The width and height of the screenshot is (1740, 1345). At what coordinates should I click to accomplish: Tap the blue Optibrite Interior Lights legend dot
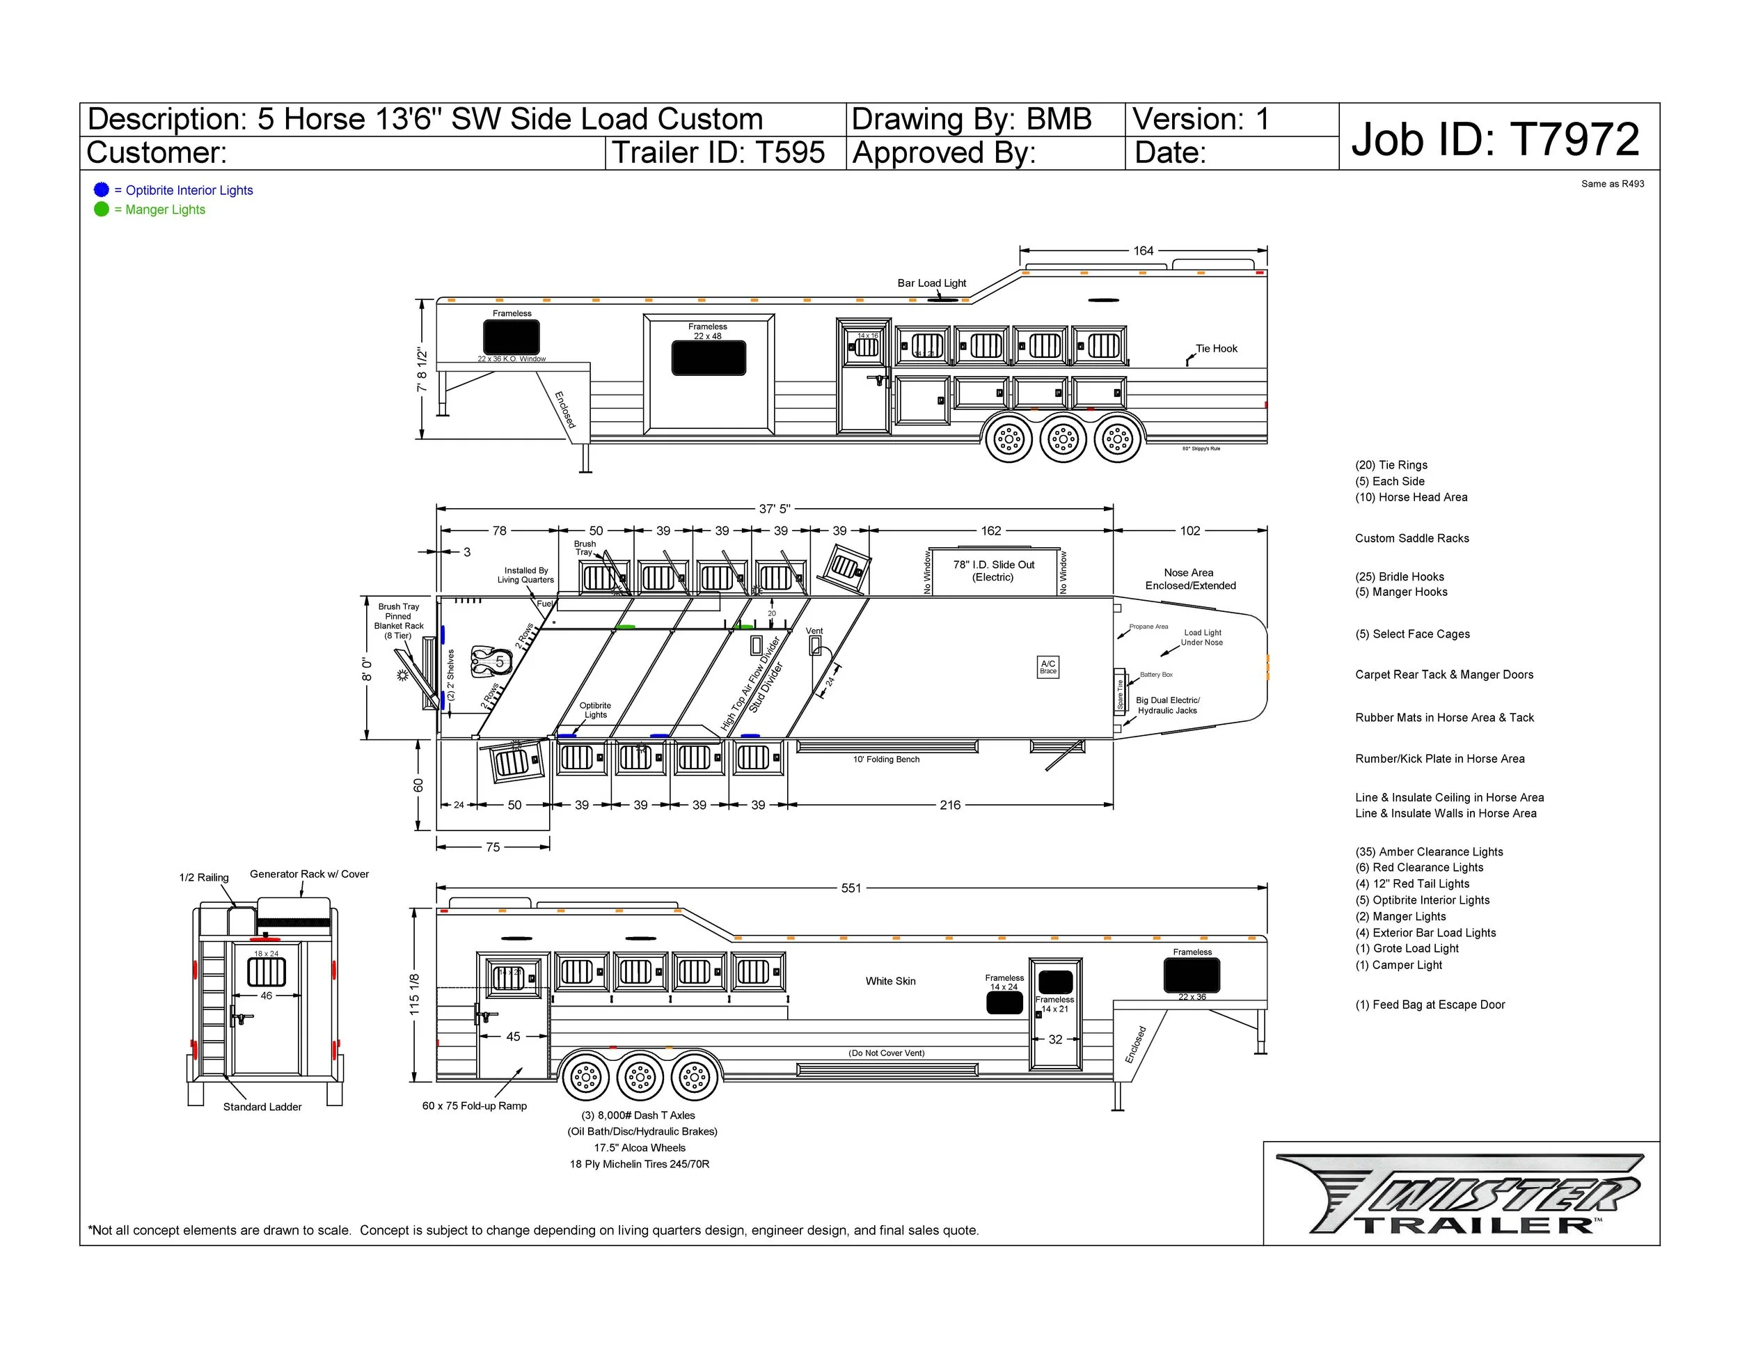click(101, 189)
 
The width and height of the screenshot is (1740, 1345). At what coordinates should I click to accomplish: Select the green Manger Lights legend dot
click(101, 209)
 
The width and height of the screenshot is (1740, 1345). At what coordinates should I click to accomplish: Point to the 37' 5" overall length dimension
click(773, 508)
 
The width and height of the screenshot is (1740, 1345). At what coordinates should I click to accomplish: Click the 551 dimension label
click(851, 888)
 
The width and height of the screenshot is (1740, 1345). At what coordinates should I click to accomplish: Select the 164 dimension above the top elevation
click(1144, 250)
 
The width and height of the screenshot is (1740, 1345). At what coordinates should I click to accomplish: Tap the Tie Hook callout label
click(1217, 348)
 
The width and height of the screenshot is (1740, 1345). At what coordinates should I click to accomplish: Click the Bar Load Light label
click(931, 283)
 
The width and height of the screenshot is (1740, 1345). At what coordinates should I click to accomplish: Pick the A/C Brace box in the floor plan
click(1048, 667)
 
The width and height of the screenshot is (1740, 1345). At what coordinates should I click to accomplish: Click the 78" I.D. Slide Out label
click(993, 570)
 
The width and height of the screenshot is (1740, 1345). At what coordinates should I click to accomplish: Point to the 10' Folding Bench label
click(886, 760)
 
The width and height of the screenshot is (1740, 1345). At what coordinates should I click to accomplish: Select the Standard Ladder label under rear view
click(262, 1107)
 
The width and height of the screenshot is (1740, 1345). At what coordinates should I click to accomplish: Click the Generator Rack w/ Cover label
click(309, 874)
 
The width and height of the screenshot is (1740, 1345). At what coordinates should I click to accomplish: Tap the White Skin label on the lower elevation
click(891, 981)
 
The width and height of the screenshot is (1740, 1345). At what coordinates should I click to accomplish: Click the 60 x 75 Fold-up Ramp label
click(474, 1106)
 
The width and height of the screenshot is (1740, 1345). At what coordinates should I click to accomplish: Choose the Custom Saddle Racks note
click(1411, 539)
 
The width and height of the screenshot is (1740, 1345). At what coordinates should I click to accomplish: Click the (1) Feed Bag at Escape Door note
click(1430, 1005)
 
